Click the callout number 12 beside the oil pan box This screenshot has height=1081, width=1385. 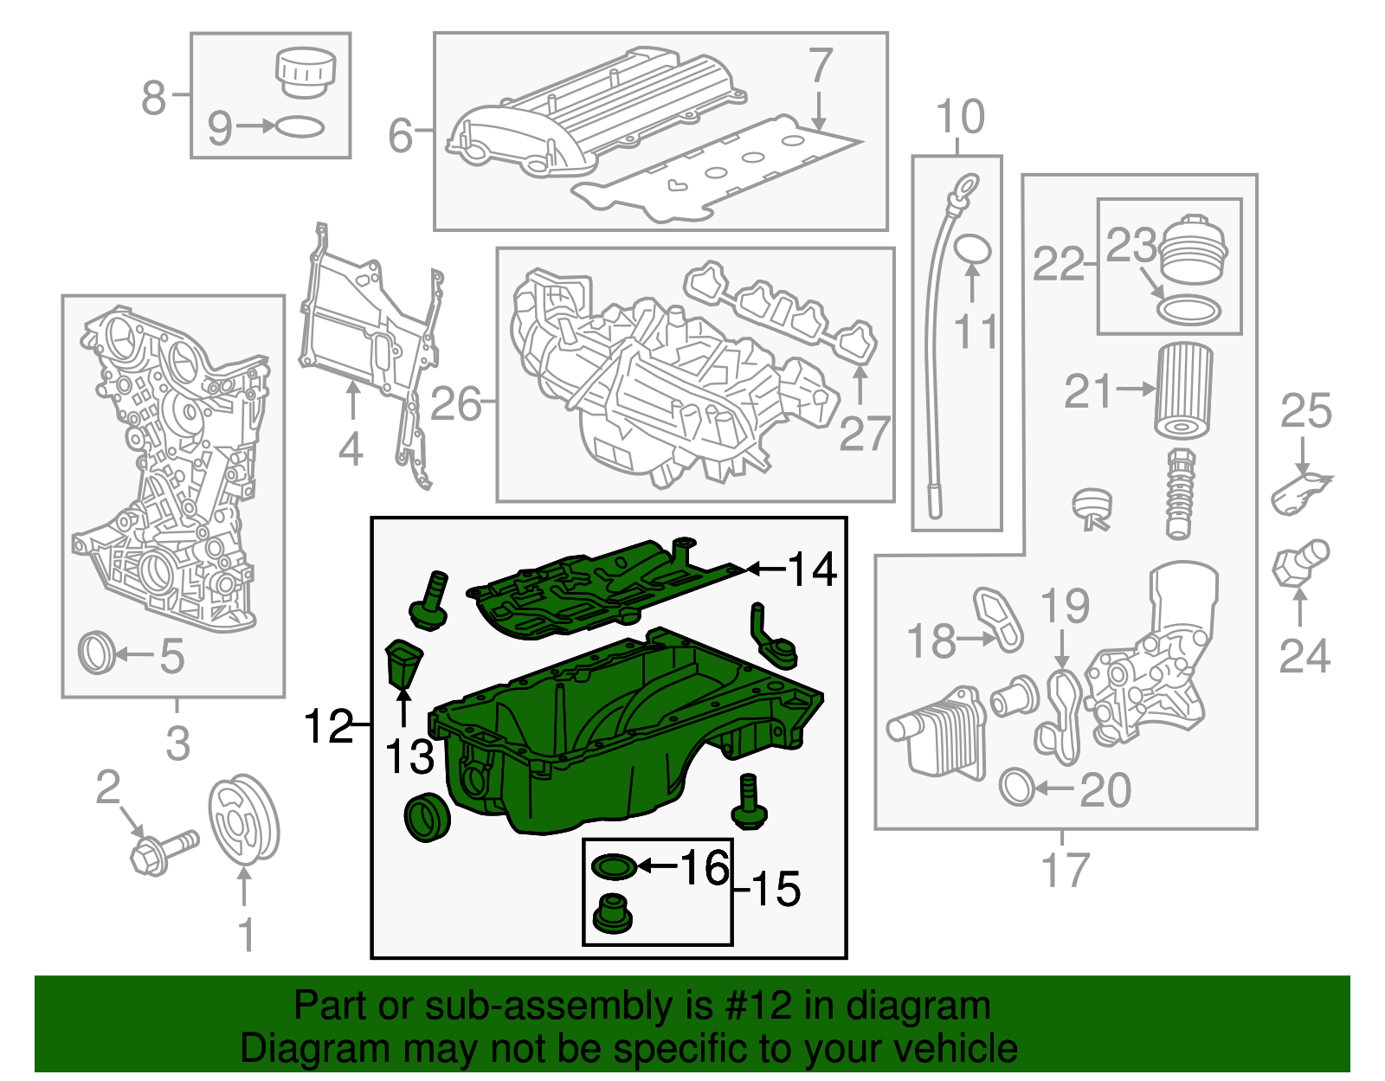pos(328,726)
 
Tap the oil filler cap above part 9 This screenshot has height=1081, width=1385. pos(305,73)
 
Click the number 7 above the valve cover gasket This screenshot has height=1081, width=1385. pos(820,66)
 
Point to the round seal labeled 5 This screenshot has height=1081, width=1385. pos(96,653)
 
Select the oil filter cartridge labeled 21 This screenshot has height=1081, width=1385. pos(1183,391)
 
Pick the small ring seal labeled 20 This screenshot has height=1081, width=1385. pos(1017,787)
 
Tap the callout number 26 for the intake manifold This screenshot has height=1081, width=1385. pos(455,403)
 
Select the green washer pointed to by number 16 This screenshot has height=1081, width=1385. pos(613,865)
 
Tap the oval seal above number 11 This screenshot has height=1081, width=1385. pos(972,249)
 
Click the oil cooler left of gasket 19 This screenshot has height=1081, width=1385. pos(937,733)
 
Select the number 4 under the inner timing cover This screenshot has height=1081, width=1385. pos(350,450)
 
